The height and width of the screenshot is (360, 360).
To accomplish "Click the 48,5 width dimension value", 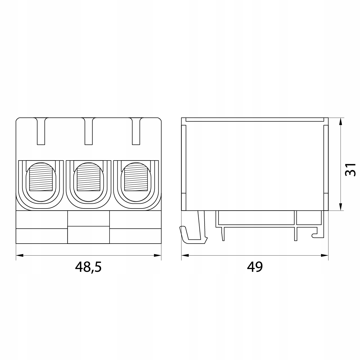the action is click(x=88, y=267).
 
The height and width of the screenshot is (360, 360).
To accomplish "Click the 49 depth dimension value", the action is click(x=255, y=267).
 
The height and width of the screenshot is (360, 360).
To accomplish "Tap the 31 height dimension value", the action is click(x=350, y=170).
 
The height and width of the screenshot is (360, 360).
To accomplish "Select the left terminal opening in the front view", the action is click(x=41, y=183).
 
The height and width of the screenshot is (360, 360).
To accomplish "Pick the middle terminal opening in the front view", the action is click(x=88, y=183).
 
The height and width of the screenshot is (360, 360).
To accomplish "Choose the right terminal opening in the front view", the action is click(x=136, y=183).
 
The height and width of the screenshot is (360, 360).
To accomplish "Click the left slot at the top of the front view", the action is click(x=41, y=131).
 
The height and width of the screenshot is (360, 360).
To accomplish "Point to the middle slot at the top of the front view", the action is click(x=88, y=131).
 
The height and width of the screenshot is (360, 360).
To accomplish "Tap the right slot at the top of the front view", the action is click(x=136, y=131).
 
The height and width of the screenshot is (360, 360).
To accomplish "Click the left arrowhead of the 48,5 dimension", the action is click(x=19, y=255).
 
